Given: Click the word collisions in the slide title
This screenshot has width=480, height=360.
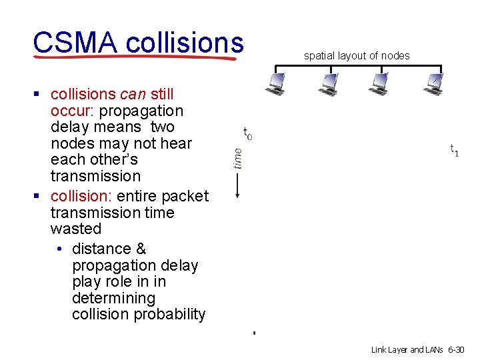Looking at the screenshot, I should tap(184, 42).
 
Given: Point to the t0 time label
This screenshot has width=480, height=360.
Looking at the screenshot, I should tap(247, 134).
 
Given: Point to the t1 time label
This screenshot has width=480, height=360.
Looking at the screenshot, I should tap(454, 150).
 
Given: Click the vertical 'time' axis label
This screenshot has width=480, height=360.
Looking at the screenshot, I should tap(238, 158).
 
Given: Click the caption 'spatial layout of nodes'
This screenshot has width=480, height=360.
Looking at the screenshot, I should tap(357, 56).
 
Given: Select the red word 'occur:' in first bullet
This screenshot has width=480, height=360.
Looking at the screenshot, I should tap(73, 111).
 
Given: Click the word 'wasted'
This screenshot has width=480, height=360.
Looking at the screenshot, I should tap(76, 229).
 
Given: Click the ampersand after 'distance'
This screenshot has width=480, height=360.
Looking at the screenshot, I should tap(140, 249).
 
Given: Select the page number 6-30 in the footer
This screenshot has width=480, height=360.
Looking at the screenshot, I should tap(457, 349).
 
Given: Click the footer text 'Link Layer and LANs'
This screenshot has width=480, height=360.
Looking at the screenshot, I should tap(409, 349).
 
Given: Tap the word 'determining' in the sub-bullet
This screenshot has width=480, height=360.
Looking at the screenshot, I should tap(113, 298).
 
